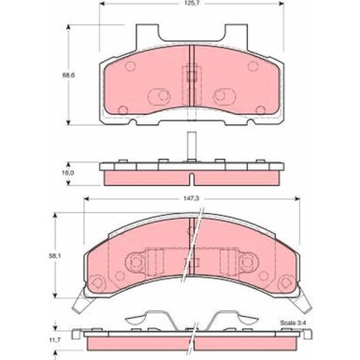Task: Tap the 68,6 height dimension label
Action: point(65,75)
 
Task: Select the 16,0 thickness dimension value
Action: point(65,173)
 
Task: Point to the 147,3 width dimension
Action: point(192,197)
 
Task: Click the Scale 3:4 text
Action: point(293,323)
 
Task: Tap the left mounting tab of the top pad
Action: point(148,36)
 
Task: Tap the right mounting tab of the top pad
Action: point(236,36)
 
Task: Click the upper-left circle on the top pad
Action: point(130,66)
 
